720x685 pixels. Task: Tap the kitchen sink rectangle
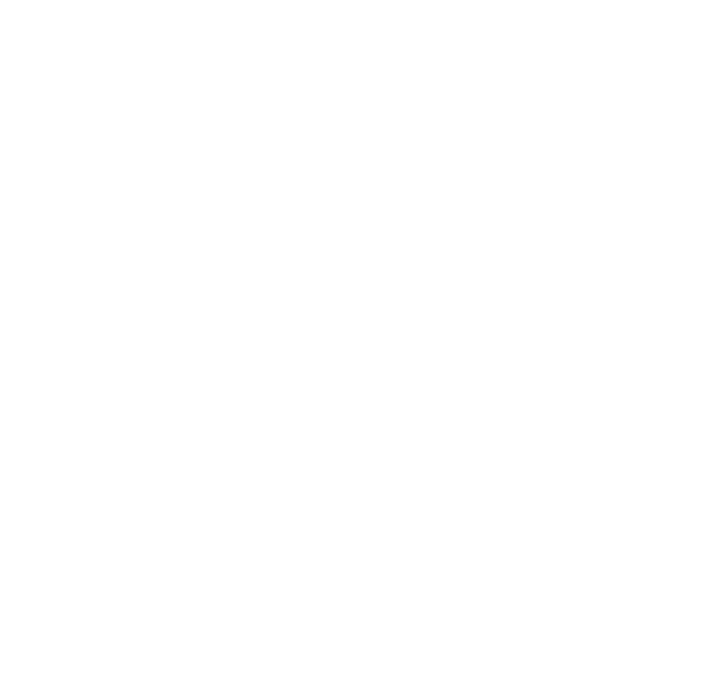click(x=581, y=461)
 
